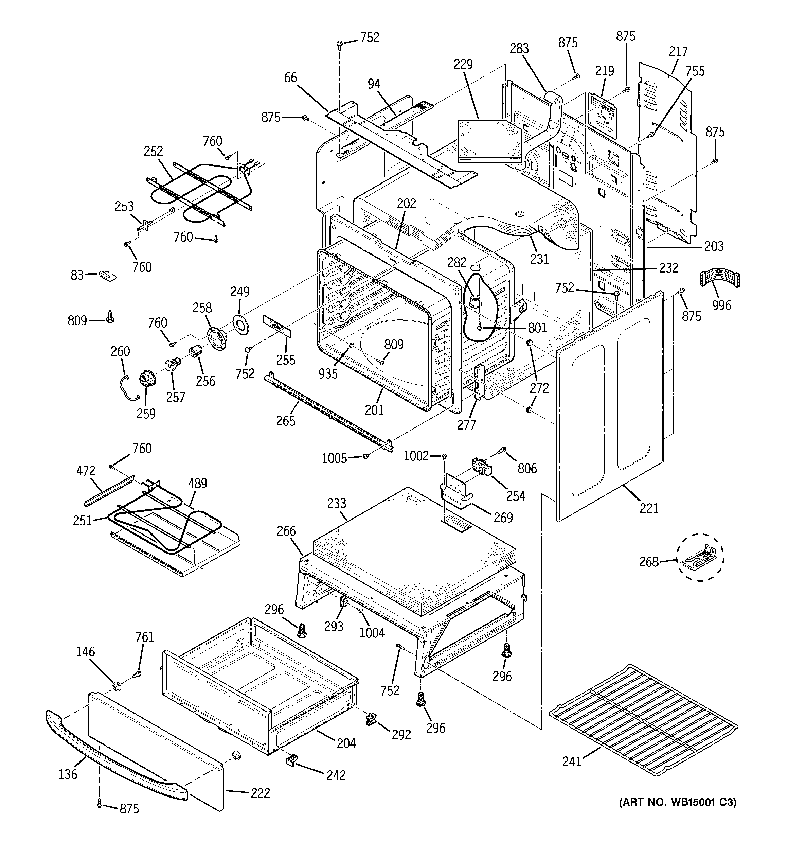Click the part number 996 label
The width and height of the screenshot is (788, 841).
[x=721, y=305]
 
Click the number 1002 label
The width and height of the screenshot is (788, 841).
[x=416, y=456]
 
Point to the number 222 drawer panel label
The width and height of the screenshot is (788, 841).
[x=260, y=793]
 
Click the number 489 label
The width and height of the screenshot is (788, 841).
[x=198, y=484]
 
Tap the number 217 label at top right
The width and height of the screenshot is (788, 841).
[x=678, y=52]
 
